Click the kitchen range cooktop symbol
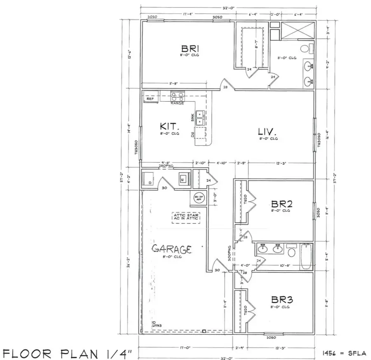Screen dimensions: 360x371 (x=178, y=97)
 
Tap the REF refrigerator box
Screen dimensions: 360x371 (x=150, y=98)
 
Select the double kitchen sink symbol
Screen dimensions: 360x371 (x=200, y=117)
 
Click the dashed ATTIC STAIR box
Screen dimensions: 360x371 (x=185, y=217)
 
